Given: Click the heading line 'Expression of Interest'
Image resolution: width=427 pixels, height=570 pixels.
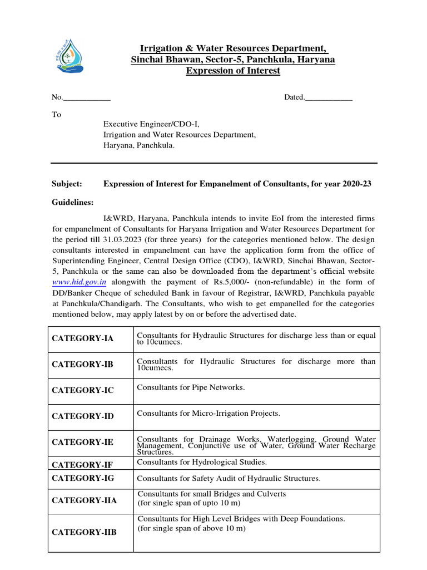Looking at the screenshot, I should click(x=233, y=71).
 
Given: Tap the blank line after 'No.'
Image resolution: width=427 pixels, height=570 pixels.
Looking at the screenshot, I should click(x=87, y=98).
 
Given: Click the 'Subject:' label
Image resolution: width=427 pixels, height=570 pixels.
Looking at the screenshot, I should click(x=67, y=184).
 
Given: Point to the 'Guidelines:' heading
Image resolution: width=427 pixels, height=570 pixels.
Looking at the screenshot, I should click(x=73, y=202).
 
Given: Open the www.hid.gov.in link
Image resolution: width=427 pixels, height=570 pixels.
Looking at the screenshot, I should click(x=79, y=282).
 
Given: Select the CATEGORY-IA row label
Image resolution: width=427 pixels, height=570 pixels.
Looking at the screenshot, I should click(x=82, y=339).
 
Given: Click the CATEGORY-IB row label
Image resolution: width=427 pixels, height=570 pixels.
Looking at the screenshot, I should click(x=82, y=365).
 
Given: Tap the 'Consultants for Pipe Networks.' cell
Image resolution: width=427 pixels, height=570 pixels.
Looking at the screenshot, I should click(x=191, y=387).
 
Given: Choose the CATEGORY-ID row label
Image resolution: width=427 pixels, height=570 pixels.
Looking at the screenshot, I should click(x=83, y=416).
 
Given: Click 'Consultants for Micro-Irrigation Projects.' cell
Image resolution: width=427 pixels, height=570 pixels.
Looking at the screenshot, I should click(x=208, y=414).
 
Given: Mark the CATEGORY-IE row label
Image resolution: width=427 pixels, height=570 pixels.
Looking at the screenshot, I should click(x=82, y=442).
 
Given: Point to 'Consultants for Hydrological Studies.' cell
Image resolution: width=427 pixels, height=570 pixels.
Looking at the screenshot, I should click(x=202, y=462).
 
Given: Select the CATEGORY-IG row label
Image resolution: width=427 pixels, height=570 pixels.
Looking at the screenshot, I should click(x=83, y=478).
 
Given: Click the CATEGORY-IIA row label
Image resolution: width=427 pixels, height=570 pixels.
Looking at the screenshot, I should click(x=85, y=500).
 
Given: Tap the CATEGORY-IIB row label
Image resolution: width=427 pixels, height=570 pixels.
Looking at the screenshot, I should click(x=85, y=532).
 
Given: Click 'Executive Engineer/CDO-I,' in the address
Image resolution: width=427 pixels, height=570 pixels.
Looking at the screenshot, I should click(x=151, y=124).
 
